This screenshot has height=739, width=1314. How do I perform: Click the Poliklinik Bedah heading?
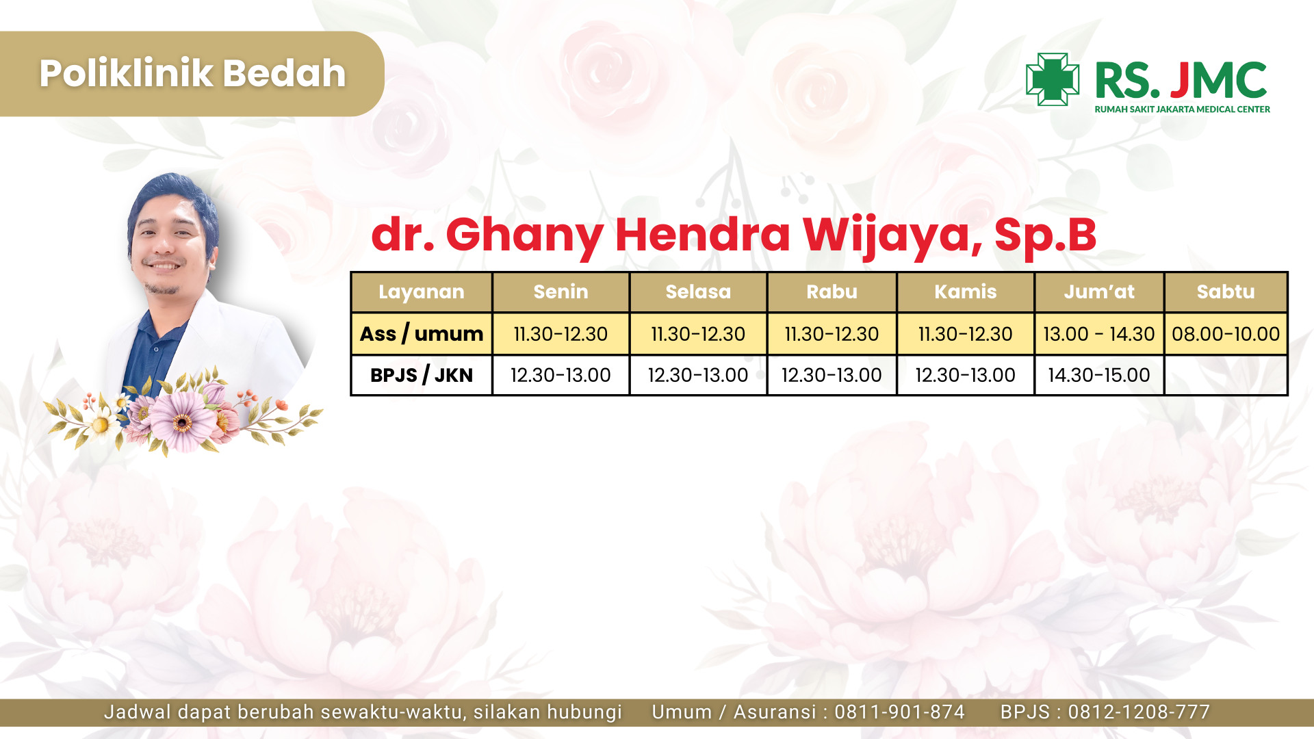click(192, 73)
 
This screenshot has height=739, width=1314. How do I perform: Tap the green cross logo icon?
click(1053, 79)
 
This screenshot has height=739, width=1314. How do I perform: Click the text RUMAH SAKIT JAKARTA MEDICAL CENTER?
click(1182, 109)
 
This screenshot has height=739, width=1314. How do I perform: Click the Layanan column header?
click(422, 292)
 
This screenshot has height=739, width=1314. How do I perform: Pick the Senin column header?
click(561, 292)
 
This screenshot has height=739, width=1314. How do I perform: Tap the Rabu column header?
click(832, 292)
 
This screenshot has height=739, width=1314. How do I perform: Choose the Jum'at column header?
click(1099, 292)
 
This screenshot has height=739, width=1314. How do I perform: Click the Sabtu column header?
click(1226, 292)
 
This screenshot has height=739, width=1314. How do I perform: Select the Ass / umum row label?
click(422, 334)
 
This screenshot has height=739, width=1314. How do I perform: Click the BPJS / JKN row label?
click(422, 375)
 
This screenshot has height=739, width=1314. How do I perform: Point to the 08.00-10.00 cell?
click(1226, 334)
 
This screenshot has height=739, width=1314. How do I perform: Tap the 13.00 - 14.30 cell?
click(1099, 334)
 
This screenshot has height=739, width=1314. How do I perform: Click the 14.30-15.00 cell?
click(1099, 375)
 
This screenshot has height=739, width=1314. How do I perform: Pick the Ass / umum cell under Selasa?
click(698, 334)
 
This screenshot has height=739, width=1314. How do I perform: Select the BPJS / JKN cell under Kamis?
click(965, 375)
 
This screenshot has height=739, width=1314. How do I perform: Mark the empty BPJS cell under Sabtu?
click(1226, 375)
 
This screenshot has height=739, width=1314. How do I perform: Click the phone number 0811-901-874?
click(899, 712)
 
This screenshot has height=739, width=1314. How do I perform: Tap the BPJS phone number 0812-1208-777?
click(1139, 712)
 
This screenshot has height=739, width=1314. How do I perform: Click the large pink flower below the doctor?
click(182, 421)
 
